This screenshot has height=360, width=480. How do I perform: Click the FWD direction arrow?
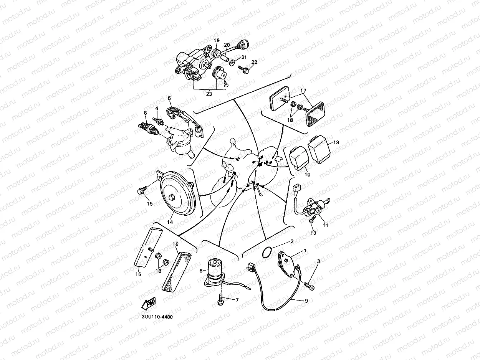[x=149, y=303]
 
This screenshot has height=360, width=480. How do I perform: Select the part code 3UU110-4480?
[x=157, y=317]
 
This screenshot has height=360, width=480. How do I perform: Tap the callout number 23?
[x=209, y=94]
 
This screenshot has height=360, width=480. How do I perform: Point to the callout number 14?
[x=170, y=222]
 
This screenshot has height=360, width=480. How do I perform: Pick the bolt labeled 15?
[x=141, y=190]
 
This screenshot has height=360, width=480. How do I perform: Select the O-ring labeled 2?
[x=267, y=253]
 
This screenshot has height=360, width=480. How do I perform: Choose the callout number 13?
[x=336, y=142]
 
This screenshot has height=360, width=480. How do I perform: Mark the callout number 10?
[x=308, y=174]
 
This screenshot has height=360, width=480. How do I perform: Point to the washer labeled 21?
[x=232, y=62]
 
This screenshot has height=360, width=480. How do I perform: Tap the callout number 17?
[x=303, y=91]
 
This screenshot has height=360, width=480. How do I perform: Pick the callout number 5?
[x=169, y=98]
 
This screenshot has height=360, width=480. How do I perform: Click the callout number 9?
[x=306, y=301]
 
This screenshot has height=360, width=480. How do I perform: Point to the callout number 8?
[x=146, y=113]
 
